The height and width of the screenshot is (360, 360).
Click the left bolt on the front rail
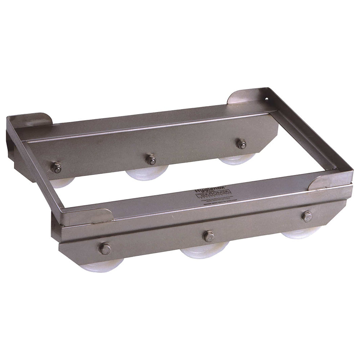click(x=105, y=248)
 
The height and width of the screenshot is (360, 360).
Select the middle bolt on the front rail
click(x=208, y=236)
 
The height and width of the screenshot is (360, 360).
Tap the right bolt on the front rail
click(x=307, y=216)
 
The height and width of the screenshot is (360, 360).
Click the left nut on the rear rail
click(x=56, y=167)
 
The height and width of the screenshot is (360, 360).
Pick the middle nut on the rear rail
click(x=151, y=159)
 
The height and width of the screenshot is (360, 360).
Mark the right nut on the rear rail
click(x=241, y=144)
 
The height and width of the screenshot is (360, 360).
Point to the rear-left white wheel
click(x=63, y=182)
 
